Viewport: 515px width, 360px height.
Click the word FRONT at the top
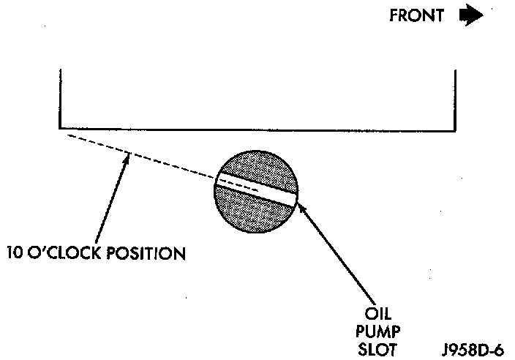tap(416, 17)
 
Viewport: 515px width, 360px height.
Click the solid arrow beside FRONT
tap(470, 17)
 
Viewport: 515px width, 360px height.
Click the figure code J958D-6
tap(473, 349)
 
